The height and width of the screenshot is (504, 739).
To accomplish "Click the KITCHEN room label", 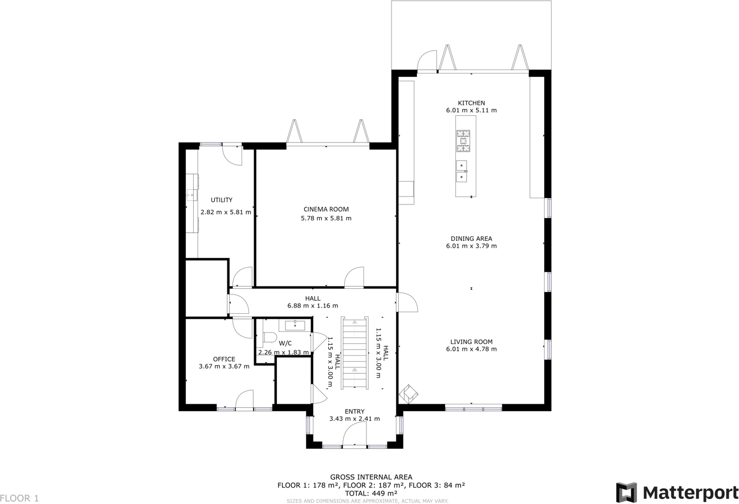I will tap(471, 103).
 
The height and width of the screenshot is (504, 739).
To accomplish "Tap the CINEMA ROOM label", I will tap(326, 210).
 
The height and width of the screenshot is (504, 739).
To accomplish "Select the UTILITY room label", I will tap(222, 200).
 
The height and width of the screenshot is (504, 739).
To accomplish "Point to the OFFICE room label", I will tap(224, 359).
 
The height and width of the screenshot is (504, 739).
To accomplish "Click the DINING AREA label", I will tap(471, 239).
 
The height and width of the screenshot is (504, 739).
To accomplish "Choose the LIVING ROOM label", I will tap(471, 342).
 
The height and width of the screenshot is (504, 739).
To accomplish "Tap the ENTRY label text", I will tap(354, 411).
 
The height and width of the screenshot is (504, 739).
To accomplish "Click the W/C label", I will tap(285, 343).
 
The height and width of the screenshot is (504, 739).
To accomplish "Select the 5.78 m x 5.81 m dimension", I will tap(326, 218).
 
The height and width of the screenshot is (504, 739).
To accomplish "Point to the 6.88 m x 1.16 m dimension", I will tap(313, 306).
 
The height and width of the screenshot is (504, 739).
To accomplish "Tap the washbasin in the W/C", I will tap(295, 325).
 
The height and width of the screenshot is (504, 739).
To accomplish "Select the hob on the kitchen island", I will tap(463, 141).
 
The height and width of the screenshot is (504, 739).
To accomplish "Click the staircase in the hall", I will tap(354, 353).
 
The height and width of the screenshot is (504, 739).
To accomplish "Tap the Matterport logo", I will tap(677, 492).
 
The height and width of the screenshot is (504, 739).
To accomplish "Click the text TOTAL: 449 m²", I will tap(371, 493).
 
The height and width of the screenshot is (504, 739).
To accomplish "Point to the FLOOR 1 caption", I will tap(19, 498).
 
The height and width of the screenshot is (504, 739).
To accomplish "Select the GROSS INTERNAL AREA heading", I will tap(371, 477).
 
